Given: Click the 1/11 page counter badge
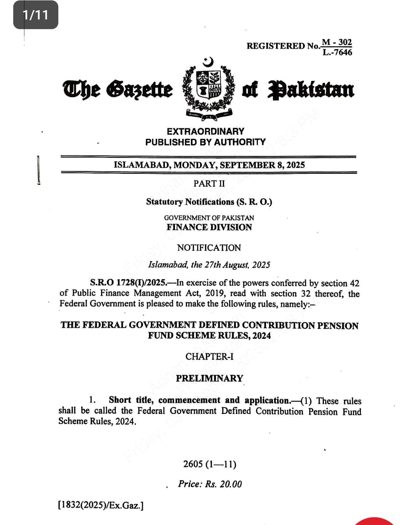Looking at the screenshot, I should click(x=36, y=15).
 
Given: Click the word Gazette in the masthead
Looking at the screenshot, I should click(x=140, y=89).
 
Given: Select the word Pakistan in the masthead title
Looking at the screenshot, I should click(x=311, y=89).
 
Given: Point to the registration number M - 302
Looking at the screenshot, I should click(x=337, y=42).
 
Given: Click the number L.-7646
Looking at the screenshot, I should click(x=337, y=52).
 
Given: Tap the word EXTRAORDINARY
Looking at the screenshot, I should click(x=205, y=131).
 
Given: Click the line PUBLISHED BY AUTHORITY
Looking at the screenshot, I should click(x=205, y=142).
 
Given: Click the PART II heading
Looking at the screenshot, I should click(x=209, y=184).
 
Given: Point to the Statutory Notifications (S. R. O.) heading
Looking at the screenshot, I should click(x=209, y=202).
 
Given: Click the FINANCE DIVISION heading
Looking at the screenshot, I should click(x=209, y=227).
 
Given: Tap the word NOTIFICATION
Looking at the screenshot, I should click(x=209, y=248).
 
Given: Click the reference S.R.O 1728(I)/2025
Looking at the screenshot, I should click(x=128, y=283).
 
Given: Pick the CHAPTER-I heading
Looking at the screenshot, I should click(x=209, y=357).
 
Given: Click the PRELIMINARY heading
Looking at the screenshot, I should click(x=209, y=378).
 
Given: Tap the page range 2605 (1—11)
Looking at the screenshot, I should click(x=210, y=464).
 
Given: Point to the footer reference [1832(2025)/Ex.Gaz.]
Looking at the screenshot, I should click(x=101, y=505).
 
